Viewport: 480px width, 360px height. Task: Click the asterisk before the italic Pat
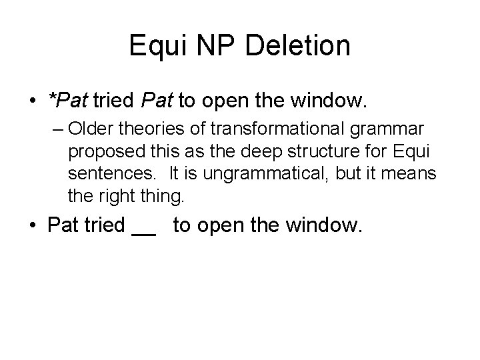tap(52, 98)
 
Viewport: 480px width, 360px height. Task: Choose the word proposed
tap(102, 151)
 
